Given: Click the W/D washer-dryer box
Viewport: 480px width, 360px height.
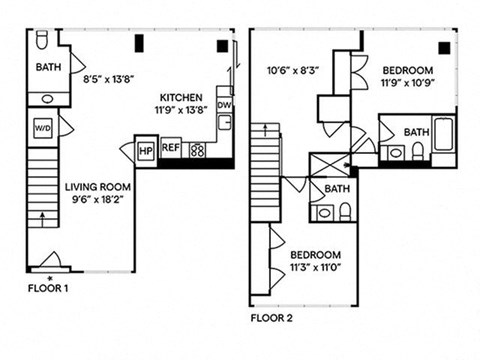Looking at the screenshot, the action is pos(43,128).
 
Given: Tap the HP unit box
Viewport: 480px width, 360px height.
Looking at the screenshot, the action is pos(145,151).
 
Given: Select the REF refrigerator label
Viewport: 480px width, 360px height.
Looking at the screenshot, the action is pos(171,147).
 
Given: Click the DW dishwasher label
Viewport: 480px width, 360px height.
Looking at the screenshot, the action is pos(224,105).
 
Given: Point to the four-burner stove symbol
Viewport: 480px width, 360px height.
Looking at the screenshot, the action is pos(197,150).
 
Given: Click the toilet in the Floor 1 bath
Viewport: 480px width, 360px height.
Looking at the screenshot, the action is pos(42,40).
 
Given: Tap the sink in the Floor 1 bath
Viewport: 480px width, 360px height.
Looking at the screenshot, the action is pos(48,99).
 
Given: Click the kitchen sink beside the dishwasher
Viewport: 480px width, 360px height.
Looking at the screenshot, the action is pos(225,122).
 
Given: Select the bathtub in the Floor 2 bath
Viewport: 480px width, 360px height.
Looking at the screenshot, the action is pos(443,134).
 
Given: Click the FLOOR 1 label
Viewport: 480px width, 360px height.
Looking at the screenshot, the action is pos(48,288).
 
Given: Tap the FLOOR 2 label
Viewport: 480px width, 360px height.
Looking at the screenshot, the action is pos(272,318).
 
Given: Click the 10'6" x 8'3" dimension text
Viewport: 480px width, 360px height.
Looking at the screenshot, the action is pos(293,70).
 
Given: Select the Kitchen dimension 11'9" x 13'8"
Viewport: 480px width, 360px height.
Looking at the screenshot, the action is pos(181,110).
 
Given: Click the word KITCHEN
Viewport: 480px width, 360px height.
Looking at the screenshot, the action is pos(181,98).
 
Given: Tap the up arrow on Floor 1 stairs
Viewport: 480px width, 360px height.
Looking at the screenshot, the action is pos(42,220).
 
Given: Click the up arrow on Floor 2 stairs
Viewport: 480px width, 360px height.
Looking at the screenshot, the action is pos(265,130).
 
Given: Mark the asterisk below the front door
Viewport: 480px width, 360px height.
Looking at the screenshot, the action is pos(50,278).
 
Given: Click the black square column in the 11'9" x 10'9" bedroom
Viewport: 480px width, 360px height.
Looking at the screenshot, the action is pos(444,48).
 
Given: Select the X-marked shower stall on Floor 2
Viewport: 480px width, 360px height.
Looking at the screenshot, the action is pos(329,165).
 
